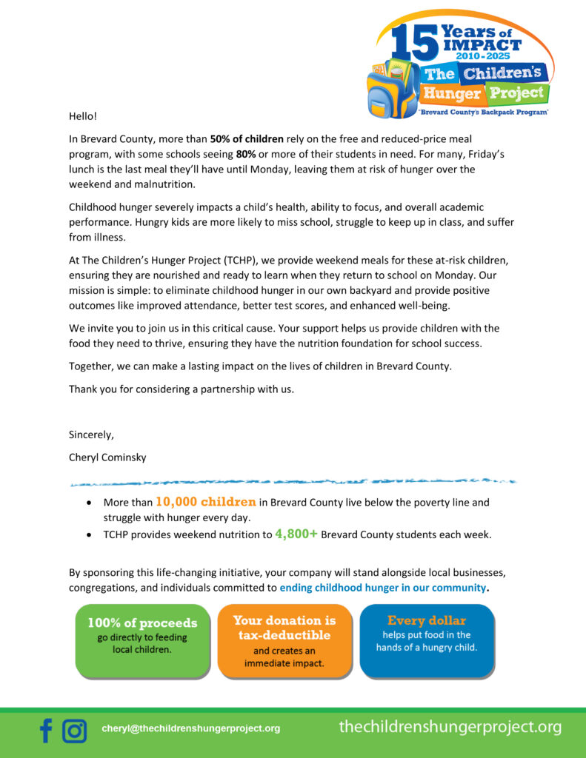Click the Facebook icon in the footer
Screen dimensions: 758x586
click(x=46, y=731)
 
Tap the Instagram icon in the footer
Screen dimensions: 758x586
click(x=74, y=731)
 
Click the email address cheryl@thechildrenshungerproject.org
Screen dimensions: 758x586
click(x=190, y=728)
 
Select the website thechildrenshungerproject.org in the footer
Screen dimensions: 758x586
click(x=450, y=727)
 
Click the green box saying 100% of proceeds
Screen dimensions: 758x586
click(x=142, y=640)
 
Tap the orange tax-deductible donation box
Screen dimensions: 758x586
click(x=284, y=640)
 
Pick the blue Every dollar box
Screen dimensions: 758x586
click(x=426, y=640)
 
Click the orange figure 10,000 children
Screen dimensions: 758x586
click(x=205, y=502)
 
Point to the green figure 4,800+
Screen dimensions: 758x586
click(x=296, y=534)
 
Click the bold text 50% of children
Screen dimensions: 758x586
click(x=247, y=139)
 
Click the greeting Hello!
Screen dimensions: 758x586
click(x=83, y=116)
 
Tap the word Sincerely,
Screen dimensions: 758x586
click(x=91, y=435)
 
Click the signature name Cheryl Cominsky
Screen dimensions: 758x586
click(x=107, y=457)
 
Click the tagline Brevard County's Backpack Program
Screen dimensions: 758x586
click(x=483, y=111)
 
